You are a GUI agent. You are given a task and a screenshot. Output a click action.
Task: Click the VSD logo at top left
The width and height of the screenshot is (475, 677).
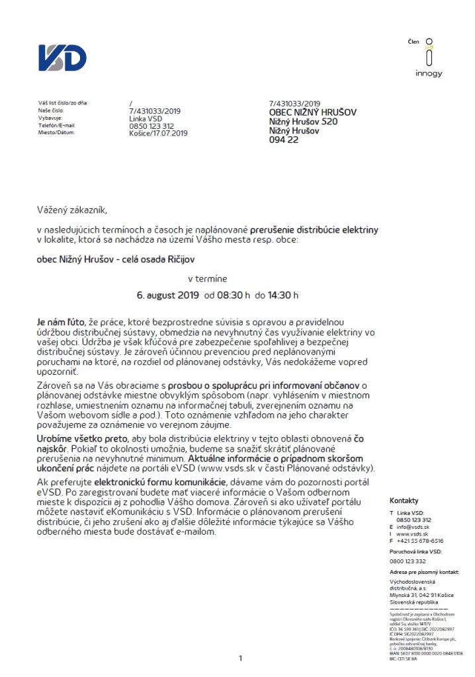click(62, 58)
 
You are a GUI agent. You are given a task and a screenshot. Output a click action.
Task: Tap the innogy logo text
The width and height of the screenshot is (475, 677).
click(429, 73)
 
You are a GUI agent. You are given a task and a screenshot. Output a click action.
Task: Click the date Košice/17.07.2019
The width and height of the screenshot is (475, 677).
click(159, 133)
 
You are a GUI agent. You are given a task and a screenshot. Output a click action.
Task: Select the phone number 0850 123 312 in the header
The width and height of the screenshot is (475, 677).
click(151, 126)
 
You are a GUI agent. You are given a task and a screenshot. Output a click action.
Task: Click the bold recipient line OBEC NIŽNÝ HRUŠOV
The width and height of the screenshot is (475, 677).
click(313, 112)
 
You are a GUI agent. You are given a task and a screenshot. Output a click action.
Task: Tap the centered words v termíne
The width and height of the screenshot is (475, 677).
click(208, 280)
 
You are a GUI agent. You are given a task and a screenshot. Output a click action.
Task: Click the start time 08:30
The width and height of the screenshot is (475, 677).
click(230, 295)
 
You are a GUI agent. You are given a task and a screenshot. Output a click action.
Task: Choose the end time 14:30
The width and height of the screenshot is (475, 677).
click(280, 295)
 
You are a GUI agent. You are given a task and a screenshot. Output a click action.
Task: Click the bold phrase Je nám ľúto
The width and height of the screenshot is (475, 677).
click(61, 321)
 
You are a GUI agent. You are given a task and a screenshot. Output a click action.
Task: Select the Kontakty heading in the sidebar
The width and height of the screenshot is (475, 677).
click(404, 500)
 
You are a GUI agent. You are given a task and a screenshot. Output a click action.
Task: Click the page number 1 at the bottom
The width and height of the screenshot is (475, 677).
click(240, 658)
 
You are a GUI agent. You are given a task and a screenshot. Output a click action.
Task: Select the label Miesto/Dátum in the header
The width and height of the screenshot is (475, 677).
click(57, 133)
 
